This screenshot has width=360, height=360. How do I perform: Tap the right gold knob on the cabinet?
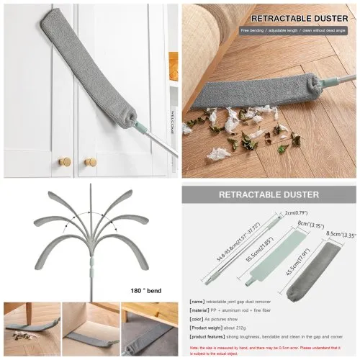click(89, 163)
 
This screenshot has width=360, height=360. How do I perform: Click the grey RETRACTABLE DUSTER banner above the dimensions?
click(269, 195)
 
